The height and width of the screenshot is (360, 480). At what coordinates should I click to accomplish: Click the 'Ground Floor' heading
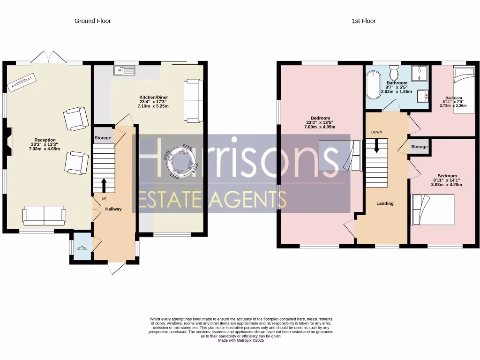[x=92, y=21]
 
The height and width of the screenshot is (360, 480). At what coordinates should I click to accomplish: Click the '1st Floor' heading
[x=363, y=21]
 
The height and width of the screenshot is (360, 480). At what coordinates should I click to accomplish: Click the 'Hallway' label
[x=113, y=209]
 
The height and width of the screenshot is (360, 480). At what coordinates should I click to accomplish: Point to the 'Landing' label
[x=385, y=203]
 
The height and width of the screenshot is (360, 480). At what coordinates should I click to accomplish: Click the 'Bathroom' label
[x=397, y=83]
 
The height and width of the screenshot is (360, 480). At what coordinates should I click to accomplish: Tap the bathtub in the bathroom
[x=373, y=85]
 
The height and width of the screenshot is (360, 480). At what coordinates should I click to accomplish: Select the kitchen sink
[x=124, y=70]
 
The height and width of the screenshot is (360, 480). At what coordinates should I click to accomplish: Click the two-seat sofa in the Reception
[x=44, y=215]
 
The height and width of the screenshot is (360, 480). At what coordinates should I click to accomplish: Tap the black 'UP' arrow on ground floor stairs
[x=103, y=185]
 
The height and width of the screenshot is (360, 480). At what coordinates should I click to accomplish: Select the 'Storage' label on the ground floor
[x=103, y=138]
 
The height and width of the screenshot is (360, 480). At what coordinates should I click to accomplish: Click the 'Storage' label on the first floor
[x=419, y=147]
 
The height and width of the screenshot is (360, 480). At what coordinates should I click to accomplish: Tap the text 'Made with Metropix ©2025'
[x=241, y=341]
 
